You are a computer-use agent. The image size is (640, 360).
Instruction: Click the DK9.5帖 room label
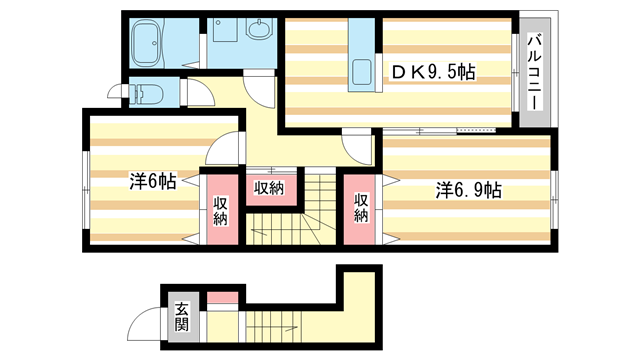click(433, 73)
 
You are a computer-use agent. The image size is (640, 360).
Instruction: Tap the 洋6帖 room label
click(153, 181)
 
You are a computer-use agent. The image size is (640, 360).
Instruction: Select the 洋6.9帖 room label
click(469, 190)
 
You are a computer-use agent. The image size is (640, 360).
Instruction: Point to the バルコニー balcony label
click(534, 73)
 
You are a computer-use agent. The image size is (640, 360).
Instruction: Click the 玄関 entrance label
click(182, 316)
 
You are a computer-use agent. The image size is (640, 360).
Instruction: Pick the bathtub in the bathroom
click(147, 43)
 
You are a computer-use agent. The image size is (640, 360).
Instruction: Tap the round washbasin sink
click(258, 30)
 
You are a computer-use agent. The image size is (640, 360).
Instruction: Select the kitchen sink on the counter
click(362, 72)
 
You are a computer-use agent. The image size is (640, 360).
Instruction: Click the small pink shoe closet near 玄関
click(222, 298)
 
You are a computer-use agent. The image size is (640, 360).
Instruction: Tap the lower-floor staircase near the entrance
click(274, 327)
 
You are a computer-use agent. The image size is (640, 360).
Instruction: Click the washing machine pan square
click(225, 30)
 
